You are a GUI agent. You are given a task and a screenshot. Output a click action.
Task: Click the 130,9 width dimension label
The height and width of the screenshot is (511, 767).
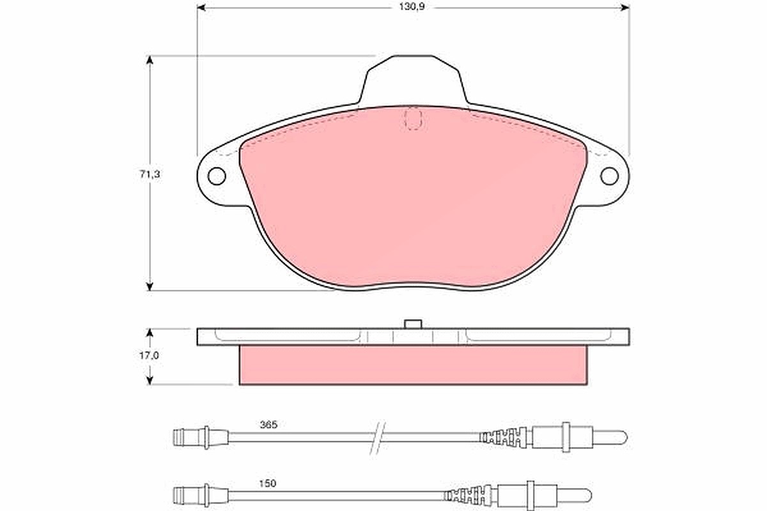pos(412,7)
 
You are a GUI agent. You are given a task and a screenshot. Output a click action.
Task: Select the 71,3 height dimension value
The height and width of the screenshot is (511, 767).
pos(150,174)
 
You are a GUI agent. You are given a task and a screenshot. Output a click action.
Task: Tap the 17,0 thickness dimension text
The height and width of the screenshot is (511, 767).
pos(149,356)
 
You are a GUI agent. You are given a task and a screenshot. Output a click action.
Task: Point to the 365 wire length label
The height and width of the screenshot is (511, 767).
pos(268,425)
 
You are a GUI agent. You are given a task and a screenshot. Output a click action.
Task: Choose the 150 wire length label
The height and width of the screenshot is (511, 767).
pos(267,484)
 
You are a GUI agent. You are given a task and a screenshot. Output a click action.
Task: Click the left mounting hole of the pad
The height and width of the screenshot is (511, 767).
pos(217,176)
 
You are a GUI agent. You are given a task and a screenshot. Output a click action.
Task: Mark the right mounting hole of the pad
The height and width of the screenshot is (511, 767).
pos(610,176)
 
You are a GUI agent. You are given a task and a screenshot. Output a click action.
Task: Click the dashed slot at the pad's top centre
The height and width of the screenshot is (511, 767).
pos(414,118)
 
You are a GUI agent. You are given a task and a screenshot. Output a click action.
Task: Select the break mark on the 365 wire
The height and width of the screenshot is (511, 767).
pos(378,438)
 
